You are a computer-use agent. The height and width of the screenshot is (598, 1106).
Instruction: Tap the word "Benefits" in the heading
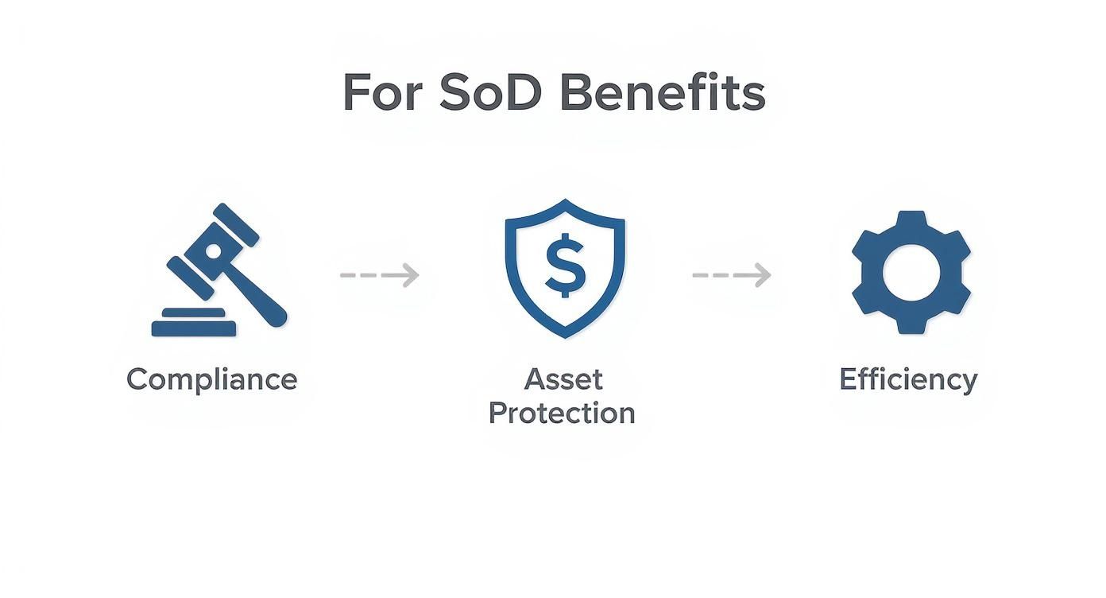(x=662, y=93)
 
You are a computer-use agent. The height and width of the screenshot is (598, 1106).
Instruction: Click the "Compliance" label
(x=211, y=379)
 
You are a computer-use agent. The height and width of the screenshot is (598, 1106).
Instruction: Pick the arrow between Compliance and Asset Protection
(x=380, y=275)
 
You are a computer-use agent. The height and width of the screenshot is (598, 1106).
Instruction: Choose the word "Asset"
(x=563, y=379)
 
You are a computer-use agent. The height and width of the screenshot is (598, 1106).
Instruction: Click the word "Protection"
(x=562, y=414)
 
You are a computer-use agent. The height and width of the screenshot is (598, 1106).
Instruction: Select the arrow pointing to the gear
(x=732, y=275)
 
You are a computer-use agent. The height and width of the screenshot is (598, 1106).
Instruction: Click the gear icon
(x=911, y=272)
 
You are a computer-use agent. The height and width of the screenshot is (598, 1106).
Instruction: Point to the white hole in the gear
(x=911, y=272)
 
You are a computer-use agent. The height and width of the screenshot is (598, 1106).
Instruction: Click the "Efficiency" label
(x=908, y=379)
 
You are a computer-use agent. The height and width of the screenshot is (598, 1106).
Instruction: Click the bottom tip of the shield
(x=565, y=335)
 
